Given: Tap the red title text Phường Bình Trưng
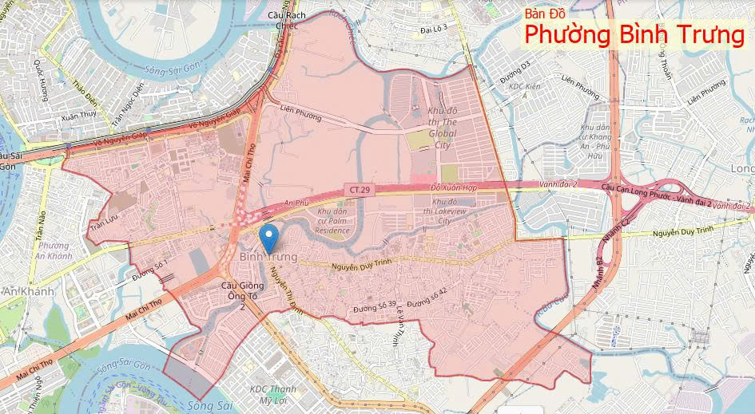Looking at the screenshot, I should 634,36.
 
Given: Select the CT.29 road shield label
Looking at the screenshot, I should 357,189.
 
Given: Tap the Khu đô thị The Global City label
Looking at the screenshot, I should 441,128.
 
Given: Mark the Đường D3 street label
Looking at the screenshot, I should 517,71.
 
